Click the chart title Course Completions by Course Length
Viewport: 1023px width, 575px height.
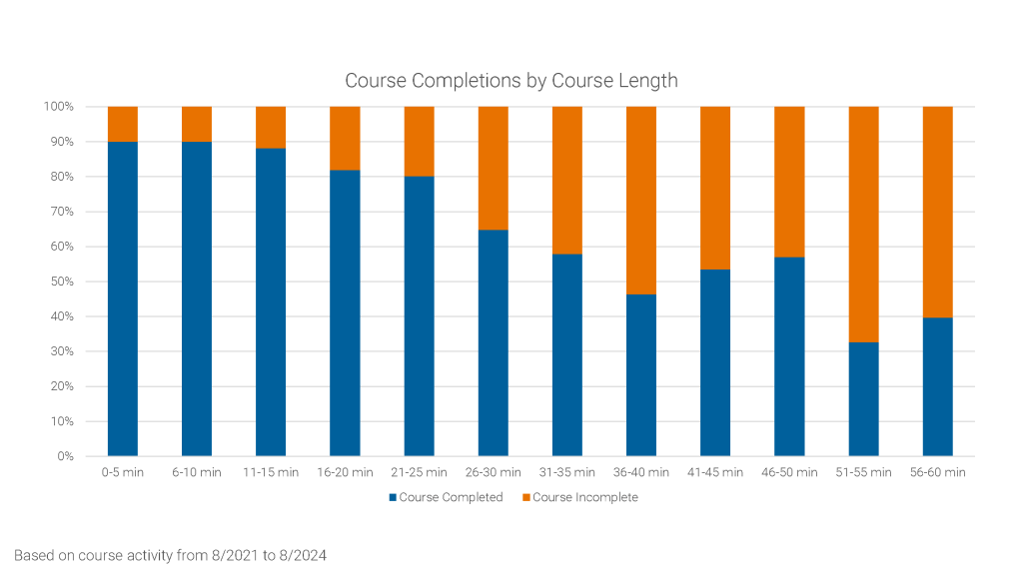coord(511,81)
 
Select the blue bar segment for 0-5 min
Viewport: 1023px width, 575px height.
coord(123,298)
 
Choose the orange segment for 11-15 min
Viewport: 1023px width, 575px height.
coord(271,127)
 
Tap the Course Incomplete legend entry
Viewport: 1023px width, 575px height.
coord(578,497)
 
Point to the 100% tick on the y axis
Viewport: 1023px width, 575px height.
coord(58,107)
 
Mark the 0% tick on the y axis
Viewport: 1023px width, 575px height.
coord(64,456)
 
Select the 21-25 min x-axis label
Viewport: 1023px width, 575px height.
coord(419,472)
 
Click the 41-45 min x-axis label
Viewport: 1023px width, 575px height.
coord(715,472)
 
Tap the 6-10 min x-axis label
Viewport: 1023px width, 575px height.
coord(197,472)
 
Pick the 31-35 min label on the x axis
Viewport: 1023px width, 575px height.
coord(567,472)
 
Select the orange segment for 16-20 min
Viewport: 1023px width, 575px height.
coord(345,138)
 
